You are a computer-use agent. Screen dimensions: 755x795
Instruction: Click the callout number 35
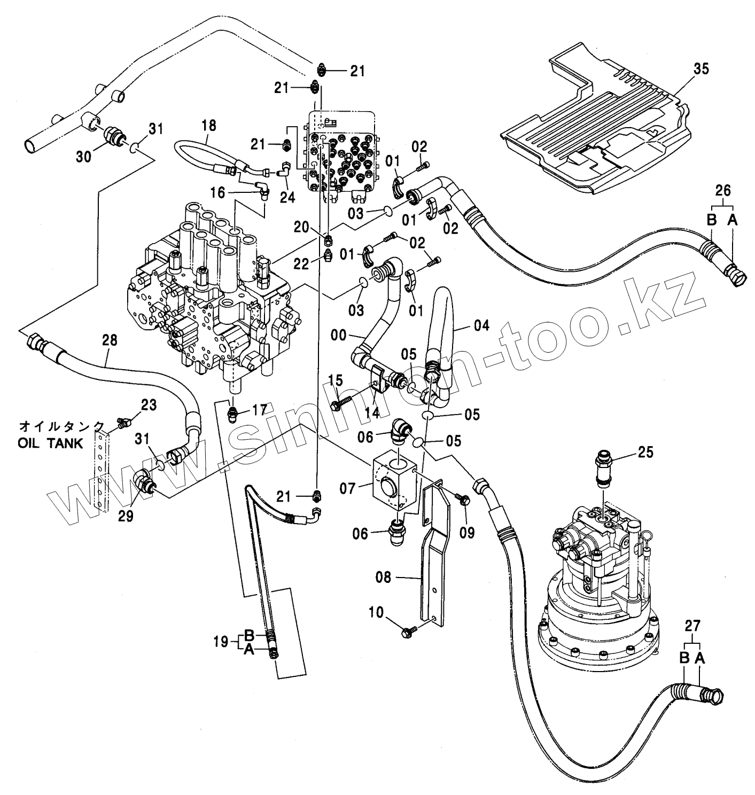point(701,69)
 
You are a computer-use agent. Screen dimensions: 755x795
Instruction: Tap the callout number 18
point(209,126)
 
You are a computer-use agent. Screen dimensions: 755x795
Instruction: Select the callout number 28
point(110,340)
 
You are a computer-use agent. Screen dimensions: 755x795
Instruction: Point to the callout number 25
point(645,452)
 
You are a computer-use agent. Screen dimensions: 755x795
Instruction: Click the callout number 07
point(347,488)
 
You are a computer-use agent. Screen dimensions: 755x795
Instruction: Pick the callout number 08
point(383,577)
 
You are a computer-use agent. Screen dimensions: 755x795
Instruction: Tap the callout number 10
point(376,612)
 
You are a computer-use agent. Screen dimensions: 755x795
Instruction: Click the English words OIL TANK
point(50,443)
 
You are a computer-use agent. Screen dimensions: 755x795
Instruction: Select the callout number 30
point(84,156)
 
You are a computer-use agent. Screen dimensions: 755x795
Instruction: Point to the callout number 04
point(481,325)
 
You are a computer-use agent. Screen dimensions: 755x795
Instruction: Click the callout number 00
point(339,335)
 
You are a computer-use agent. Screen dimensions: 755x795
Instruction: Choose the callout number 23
point(149,405)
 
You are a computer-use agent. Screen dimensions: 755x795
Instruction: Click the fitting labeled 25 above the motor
point(604,469)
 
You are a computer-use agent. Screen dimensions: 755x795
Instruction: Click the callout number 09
point(467,533)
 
